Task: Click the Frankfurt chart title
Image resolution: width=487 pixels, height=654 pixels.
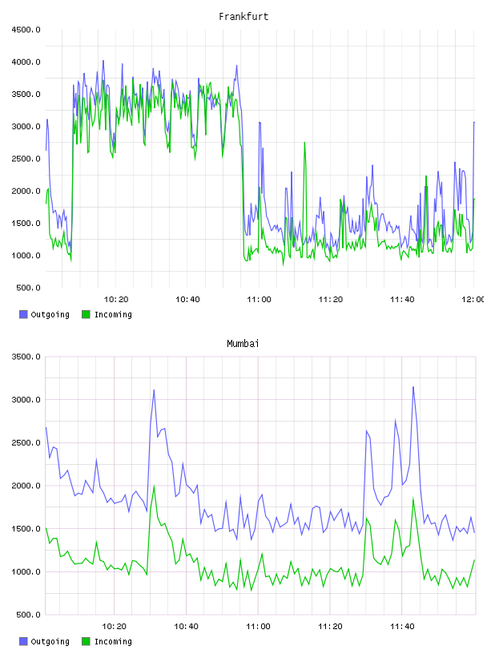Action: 243,16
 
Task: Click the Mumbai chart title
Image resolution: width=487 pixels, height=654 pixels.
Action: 243,343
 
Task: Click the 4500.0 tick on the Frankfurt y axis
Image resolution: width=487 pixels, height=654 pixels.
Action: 26,30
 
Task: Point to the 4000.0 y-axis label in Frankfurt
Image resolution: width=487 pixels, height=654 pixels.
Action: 26,62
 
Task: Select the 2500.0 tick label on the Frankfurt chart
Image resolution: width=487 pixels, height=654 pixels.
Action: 26,159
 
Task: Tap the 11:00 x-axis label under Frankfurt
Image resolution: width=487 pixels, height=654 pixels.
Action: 259,299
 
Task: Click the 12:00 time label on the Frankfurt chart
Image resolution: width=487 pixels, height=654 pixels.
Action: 473,299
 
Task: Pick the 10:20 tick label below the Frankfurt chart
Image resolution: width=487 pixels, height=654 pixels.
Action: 116,299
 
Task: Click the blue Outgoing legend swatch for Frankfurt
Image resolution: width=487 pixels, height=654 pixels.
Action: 23,314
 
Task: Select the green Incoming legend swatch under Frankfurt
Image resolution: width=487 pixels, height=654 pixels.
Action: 86,314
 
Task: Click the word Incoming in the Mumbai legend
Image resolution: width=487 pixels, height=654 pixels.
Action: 113,641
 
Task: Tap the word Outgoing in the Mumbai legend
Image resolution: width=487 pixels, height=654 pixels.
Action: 50,641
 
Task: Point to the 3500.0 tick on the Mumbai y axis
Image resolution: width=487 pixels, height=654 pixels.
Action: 26,357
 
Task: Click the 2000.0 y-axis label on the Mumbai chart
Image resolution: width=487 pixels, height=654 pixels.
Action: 26,486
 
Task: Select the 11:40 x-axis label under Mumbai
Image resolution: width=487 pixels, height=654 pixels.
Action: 402,626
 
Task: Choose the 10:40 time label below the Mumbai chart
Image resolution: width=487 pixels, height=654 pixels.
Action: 186,626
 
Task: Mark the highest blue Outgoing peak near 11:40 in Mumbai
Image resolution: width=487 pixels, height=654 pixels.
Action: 413,387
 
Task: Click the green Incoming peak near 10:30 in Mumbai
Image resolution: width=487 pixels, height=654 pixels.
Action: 155,486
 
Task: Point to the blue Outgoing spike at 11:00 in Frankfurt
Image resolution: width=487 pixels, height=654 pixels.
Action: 260,123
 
